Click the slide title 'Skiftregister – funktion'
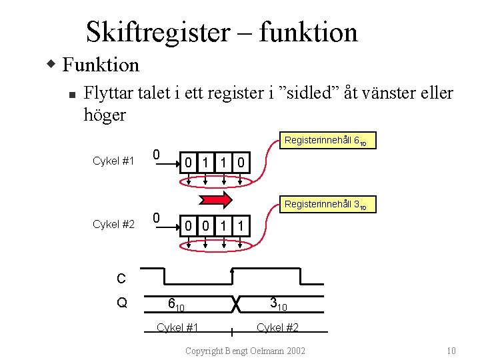coord(221,32)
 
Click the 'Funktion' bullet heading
coord(100,65)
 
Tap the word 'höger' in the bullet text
coord(105,115)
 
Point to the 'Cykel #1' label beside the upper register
coord(113,161)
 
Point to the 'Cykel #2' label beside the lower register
coord(113,225)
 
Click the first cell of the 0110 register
coord(189,162)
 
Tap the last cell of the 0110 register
coord(241,162)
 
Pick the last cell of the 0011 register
coord(241,226)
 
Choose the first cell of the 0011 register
coord(189,226)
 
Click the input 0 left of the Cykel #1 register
coord(155,155)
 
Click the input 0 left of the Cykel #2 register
coord(155,218)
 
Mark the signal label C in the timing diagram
coord(121,279)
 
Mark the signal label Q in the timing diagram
coord(121,303)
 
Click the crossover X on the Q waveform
coord(235,303)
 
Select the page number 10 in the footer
coord(451,351)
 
